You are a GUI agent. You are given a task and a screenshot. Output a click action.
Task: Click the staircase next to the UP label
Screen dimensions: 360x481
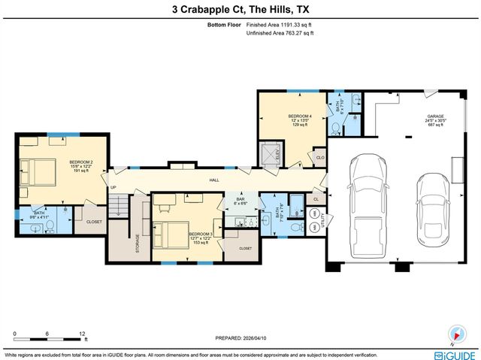click(x=119, y=204)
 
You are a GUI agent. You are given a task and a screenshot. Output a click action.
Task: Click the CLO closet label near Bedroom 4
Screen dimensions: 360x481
click(x=319, y=158)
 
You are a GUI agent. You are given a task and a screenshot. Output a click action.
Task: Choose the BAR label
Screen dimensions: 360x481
click(x=240, y=199)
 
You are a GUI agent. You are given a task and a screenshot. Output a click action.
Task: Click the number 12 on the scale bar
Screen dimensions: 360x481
click(x=83, y=332)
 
